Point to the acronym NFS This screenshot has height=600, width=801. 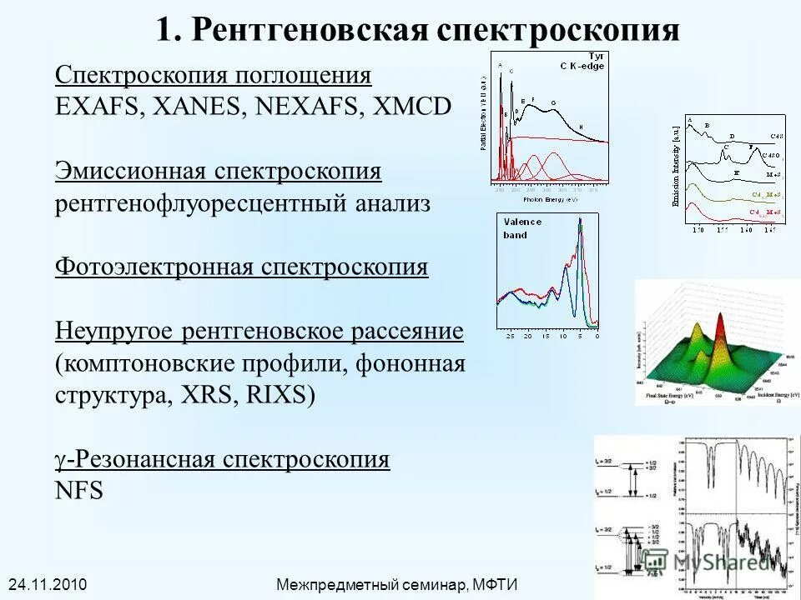(79, 491)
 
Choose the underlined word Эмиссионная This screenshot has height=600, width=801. (131, 171)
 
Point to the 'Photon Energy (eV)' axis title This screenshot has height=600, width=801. (550, 200)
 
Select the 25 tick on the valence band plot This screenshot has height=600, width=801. (510, 336)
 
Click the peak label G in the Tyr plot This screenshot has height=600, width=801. (552, 104)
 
